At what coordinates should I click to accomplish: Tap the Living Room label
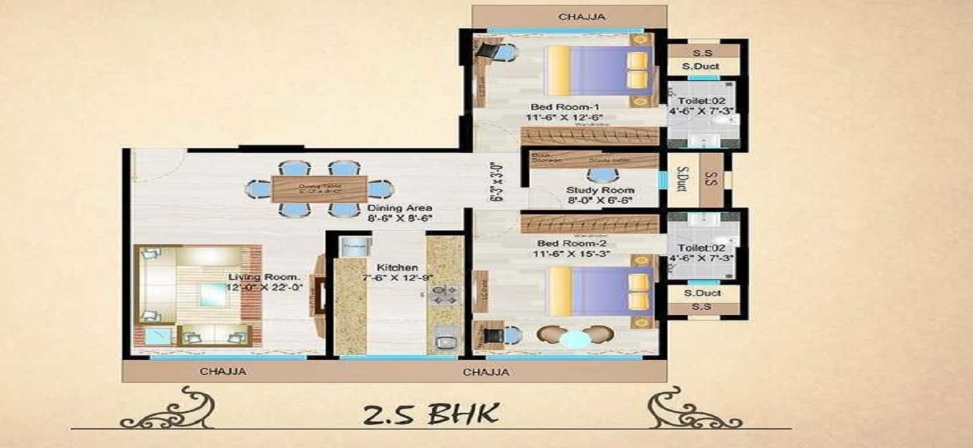[x=264, y=276]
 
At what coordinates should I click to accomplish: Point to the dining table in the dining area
[x=319, y=189]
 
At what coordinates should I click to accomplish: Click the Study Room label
[x=600, y=190]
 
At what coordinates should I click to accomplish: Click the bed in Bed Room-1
[x=600, y=71]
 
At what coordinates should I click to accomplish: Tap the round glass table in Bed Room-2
[x=573, y=339]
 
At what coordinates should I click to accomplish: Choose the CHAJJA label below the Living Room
[x=223, y=371]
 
